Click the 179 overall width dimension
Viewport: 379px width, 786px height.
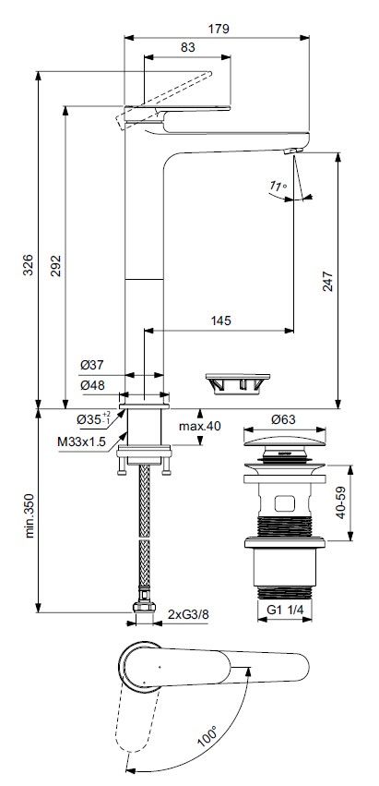click(x=219, y=29)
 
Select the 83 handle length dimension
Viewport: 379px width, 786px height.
click(x=187, y=48)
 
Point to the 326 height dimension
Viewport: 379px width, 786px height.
click(x=28, y=265)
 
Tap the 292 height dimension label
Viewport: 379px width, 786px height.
click(x=55, y=266)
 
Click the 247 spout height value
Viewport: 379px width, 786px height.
click(x=327, y=281)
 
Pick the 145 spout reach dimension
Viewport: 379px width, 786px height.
click(x=220, y=320)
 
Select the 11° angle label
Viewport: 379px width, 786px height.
click(x=278, y=187)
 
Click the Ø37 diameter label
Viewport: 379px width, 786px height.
click(x=91, y=366)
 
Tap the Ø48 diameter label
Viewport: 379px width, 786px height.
click(x=92, y=385)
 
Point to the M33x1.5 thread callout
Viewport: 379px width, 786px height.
click(x=81, y=441)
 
